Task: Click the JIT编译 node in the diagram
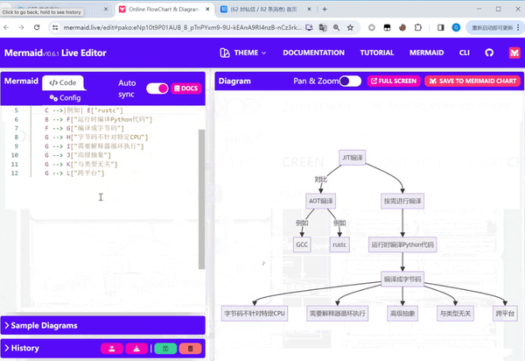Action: tap(353, 157)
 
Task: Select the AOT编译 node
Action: tap(321, 201)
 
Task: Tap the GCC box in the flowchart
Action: tap(303, 244)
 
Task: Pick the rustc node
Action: tap(339, 244)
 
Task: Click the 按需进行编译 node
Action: tap(402, 201)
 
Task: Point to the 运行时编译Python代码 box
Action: tap(402, 244)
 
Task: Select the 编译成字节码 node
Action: tap(402, 280)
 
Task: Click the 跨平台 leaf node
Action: tap(505, 313)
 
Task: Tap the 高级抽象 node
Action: tap(402, 313)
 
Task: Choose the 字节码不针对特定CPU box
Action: tap(255, 313)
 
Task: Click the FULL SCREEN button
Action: tap(393, 81)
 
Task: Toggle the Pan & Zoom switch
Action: tap(350, 81)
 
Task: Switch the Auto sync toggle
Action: tap(157, 88)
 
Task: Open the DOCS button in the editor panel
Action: tap(186, 88)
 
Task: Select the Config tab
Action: tap(65, 98)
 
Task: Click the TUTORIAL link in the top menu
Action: tap(376, 53)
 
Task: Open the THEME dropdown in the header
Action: tap(245, 53)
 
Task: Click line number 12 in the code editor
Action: tap(15, 173)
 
